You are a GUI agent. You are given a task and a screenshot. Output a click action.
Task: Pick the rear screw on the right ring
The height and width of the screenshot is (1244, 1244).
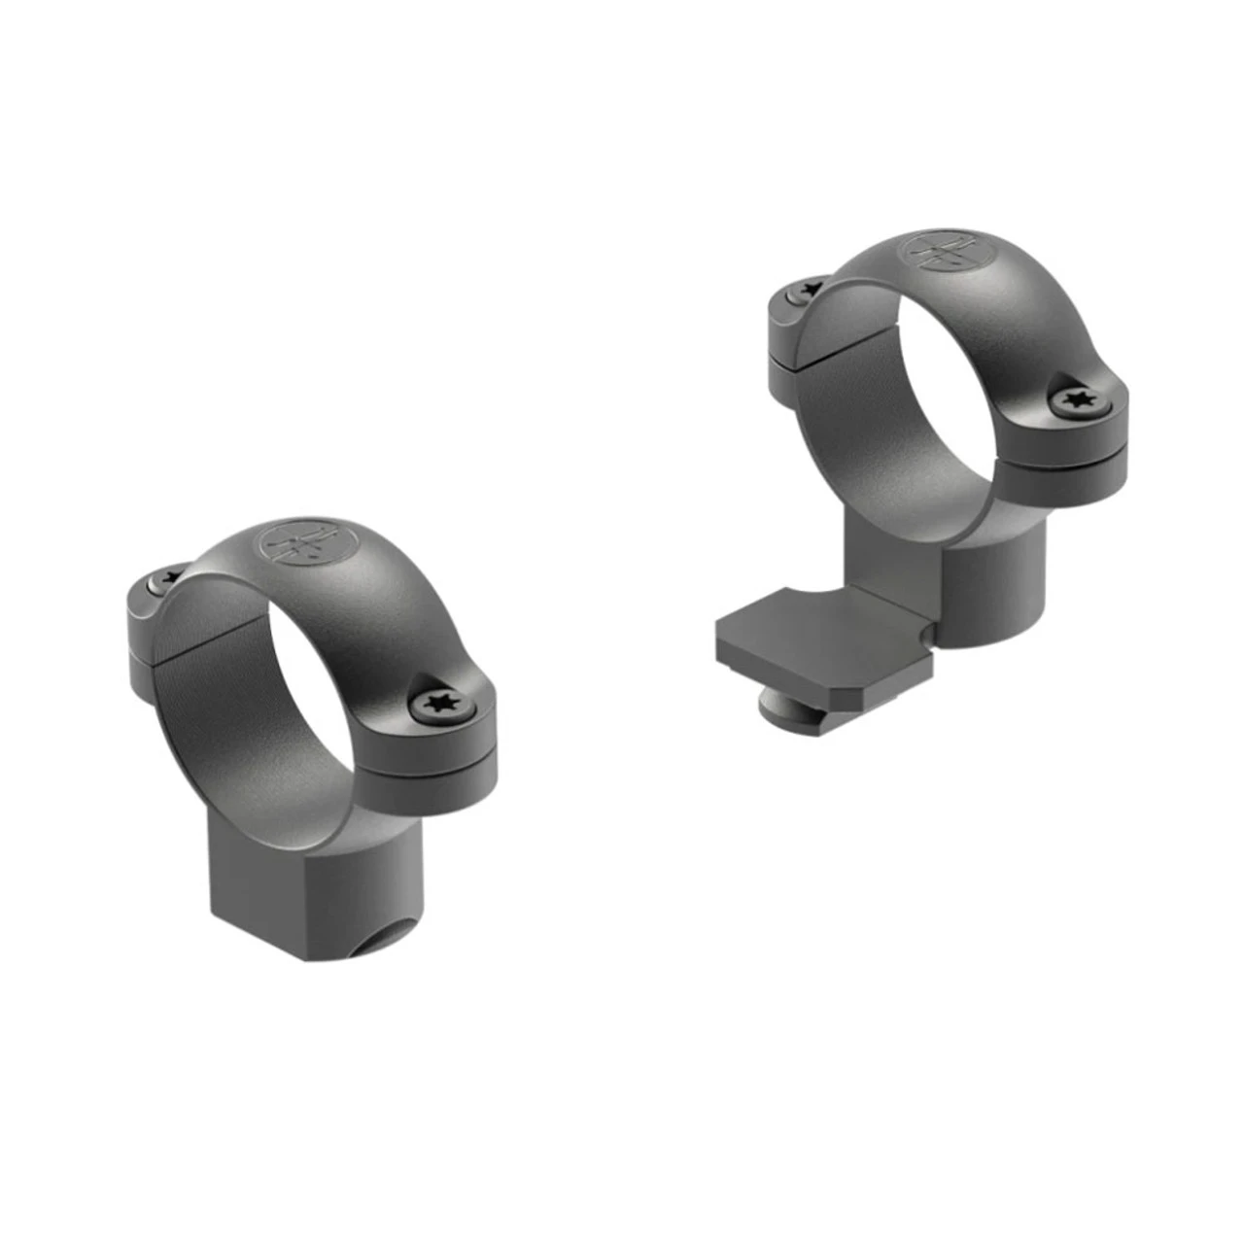coord(807,289)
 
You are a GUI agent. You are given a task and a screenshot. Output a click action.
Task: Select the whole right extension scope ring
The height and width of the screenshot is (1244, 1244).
coord(933,466)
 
